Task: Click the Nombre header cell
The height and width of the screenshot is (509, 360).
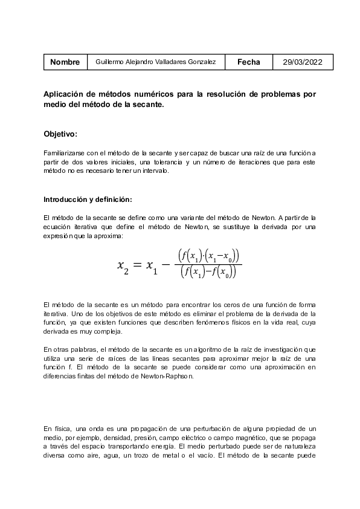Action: tap(65, 62)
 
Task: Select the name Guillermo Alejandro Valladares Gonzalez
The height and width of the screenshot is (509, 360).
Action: tap(156, 62)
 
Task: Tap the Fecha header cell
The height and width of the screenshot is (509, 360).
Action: tap(249, 62)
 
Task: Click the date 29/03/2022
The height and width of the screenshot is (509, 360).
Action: tap(303, 62)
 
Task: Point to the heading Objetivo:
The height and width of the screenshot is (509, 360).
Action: tap(60, 134)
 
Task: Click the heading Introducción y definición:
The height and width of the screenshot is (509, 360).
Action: tap(88, 199)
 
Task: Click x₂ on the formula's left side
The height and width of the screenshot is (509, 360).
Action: tap(123, 265)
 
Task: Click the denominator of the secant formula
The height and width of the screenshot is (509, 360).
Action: tap(209, 273)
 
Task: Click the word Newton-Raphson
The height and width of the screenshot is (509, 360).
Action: tap(172, 375)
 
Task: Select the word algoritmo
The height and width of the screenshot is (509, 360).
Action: tap(216, 349)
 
